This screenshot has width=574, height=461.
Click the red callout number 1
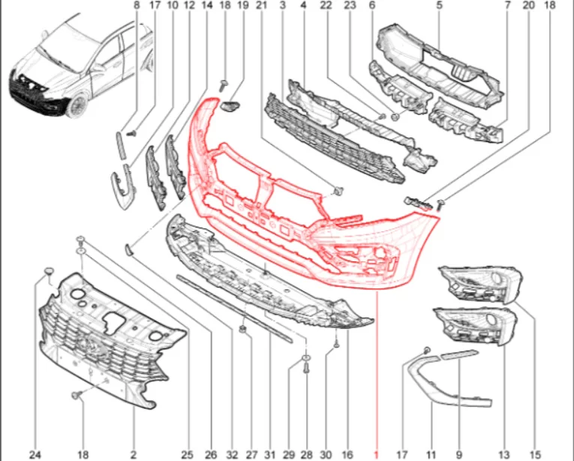click(x=376, y=454)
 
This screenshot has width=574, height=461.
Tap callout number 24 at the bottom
click(x=35, y=455)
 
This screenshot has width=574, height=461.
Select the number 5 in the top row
click(x=439, y=5)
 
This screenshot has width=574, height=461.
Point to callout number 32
click(x=232, y=455)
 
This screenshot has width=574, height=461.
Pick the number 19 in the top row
click(x=243, y=5)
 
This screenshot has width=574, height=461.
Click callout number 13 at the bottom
click(x=504, y=455)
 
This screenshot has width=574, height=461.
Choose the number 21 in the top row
click(x=261, y=5)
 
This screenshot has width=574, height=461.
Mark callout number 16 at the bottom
click(x=347, y=455)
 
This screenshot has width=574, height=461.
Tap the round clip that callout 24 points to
click(x=49, y=272)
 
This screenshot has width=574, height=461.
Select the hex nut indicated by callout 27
click(x=242, y=329)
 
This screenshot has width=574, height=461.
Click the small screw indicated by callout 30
click(x=336, y=344)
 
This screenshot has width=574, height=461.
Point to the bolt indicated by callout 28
click(x=306, y=368)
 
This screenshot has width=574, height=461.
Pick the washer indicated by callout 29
click(x=306, y=357)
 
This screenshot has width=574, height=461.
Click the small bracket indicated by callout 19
click(x=230, y=106)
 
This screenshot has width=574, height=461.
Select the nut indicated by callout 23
click(x=395, y=117)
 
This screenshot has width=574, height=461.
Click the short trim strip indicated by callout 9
click(x=459, y=354)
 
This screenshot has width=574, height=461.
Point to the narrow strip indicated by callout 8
click(x=121, y=146)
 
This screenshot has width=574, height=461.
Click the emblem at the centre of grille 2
click(x=89, y=345)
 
